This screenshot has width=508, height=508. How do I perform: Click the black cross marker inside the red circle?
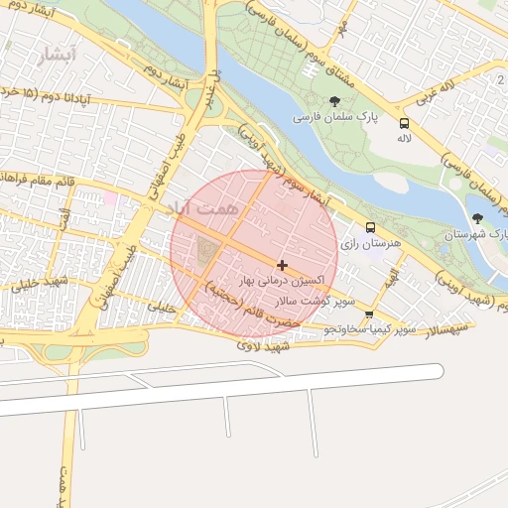pos(283,265)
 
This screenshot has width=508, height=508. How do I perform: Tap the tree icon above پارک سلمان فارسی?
pos(334,101)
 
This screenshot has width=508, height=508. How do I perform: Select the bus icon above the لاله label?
pos(404,123)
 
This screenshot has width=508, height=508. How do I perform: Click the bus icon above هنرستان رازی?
pos(370,227)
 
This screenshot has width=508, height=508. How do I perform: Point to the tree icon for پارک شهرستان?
pos(478,218)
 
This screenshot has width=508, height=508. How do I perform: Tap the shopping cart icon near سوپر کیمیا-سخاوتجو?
pos(370,316)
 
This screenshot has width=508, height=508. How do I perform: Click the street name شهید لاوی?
pos(262,346)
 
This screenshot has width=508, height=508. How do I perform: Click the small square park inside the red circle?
pos(207,251)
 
